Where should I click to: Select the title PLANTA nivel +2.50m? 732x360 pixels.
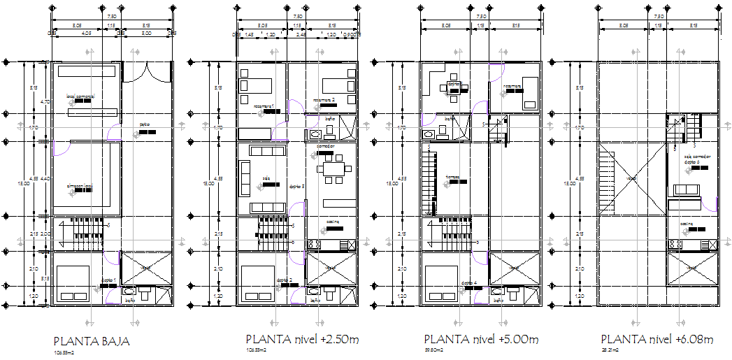(x=302, y=340)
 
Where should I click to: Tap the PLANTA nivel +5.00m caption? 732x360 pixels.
(x=481, y=340)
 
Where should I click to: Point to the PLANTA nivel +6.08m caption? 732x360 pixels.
(x=656, y=340)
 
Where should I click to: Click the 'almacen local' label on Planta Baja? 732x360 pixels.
(x=80, y=187)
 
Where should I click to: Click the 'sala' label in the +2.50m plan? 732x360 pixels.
(x=266, y=178)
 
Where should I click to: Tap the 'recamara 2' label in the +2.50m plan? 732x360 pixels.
(x=329, y=100)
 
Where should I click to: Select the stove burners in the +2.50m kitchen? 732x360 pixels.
(x=315, y=245)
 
